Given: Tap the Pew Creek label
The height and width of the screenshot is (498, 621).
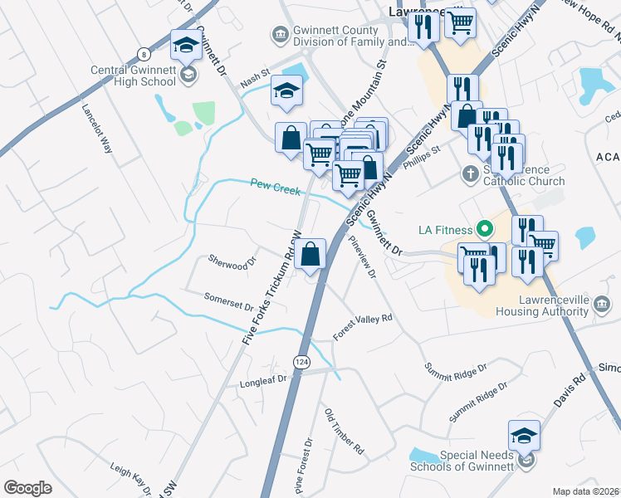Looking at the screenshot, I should [275, 189].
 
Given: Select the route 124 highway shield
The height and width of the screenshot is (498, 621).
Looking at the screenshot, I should [301, 361].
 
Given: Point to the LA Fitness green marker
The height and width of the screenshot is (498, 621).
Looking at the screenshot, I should [482, 229].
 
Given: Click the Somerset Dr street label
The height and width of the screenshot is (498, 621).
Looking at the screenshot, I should [228, 300].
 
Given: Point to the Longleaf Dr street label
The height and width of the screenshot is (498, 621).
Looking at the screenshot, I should [262, 378].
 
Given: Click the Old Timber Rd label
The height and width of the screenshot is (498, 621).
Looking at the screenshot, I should [344, 431].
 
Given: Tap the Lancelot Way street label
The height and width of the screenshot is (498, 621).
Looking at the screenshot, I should [97, 129].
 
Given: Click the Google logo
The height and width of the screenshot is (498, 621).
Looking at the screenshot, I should [27, 488].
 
